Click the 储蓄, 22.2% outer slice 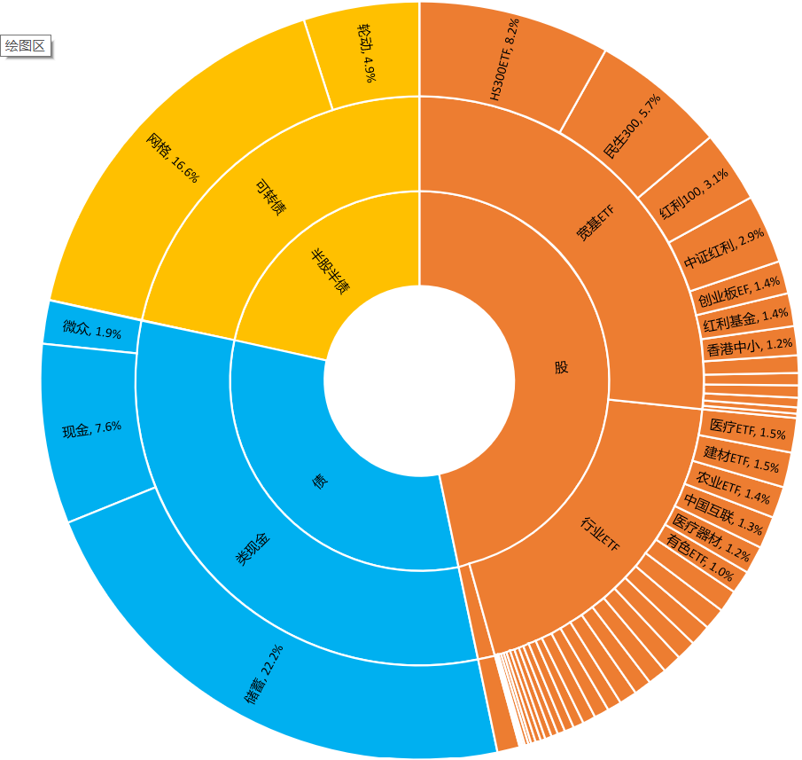pyautogui.click(x=266, y=674)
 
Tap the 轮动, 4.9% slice pyautogui.click(x=367, y=52)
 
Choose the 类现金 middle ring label pyautogui.click(x=253, y=550)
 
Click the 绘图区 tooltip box pyautogui.click(x=26, y=46)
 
